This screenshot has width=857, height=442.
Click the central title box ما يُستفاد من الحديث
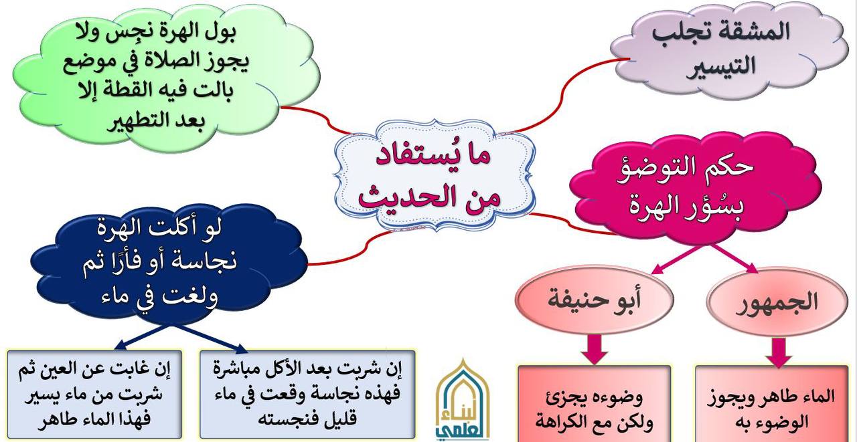click(x=435, y=175)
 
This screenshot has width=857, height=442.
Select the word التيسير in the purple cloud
click(x=721, y=66)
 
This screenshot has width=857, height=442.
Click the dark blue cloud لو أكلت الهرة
click(x=168, y=264)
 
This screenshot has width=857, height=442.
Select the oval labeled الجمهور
click(x=777, y=302)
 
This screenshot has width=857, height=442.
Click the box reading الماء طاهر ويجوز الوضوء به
click(x=771, y=405)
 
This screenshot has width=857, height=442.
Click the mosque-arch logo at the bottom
click(x=463, y=401)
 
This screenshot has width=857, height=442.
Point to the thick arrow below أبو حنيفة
click(x=595, y=348)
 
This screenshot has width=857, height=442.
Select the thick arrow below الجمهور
click(x=778, y=352)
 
